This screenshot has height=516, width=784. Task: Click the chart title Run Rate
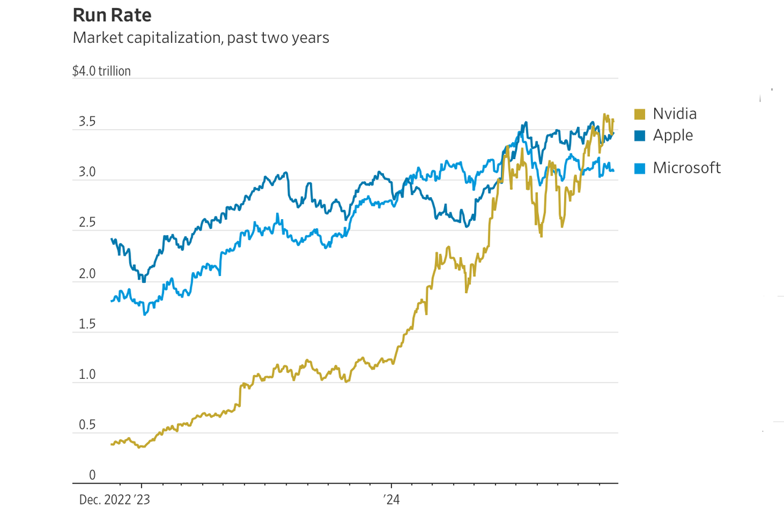pyautogui.click(x=111, y=15)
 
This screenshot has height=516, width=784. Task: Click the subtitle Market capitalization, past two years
pyautogui.click(x=201, y=38)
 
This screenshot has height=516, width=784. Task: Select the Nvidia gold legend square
pyautogui.click(x=639, y=114)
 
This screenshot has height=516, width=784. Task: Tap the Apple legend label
pyautogui.click(x=673, y=135)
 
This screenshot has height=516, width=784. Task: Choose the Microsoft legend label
pyautogui.click(x=687, y=168)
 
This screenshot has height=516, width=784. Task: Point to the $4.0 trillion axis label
pyautogui.click(x=102, y=71)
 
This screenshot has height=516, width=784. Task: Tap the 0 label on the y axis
pyautogui.click(x=92, y=476)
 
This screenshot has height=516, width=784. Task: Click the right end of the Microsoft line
pyautogui.click(x=614, y=171)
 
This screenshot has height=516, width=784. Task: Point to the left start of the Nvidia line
pyautogui.click(x=111, y=444)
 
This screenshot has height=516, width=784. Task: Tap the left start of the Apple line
pyautogui.click(x=111, y=239)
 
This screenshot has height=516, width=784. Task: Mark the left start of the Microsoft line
pyautogui.click(x=111, y=301)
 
